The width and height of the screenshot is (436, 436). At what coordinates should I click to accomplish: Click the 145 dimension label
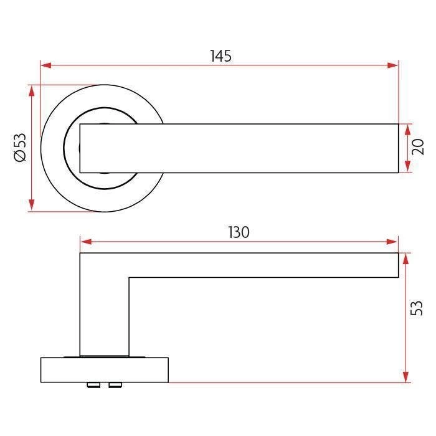tap(220, 56)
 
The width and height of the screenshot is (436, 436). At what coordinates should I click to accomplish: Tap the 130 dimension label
tap(239, 232)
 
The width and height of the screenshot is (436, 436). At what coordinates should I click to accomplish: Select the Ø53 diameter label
tap(20, 148)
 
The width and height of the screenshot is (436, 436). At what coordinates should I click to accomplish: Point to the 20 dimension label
tap(418, 147)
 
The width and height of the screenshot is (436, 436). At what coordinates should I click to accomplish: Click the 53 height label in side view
tap(417, 308)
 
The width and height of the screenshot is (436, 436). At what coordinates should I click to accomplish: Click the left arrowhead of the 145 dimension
tap(46, 65)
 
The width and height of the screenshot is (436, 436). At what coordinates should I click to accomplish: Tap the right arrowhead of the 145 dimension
tap(392, 65)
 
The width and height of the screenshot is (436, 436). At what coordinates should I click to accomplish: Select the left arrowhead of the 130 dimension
tap(86, 242)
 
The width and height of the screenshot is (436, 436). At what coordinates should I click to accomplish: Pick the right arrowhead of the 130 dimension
tap(392, 242)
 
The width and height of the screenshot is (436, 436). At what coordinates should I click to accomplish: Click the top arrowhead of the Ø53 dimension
tap(32, 91)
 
